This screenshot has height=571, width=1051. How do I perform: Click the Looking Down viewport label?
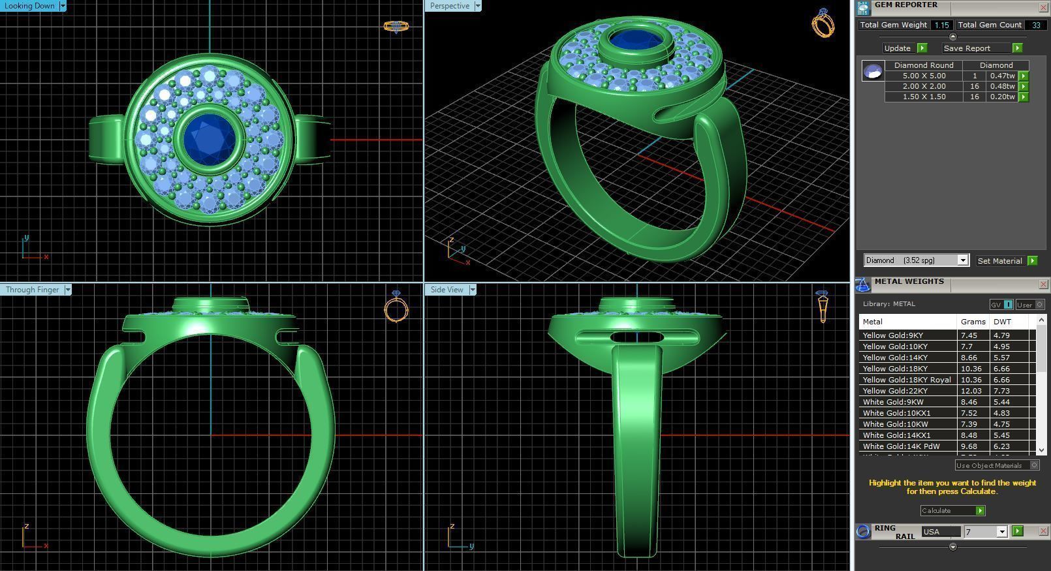click(29, 6)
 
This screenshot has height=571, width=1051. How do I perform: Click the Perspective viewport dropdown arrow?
click(477, 6)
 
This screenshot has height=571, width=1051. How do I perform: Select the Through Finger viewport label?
click(31, 290)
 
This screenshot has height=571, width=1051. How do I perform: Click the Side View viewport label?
click(447, 290)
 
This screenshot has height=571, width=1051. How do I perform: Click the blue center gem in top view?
click(210, 138)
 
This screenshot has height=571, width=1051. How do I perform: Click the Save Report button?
click(967, 48)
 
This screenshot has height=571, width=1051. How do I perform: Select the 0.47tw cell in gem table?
click(1002, 76)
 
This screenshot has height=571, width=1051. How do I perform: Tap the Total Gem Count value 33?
click(1035, 25)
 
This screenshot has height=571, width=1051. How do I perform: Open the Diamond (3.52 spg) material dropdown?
click(962, 260)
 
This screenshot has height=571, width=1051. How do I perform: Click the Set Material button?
click(999, 261)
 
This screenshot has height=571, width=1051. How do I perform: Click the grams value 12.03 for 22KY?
click(971, 391)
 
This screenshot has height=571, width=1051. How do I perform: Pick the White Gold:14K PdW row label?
click(901, 446)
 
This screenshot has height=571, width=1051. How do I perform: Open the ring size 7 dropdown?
click(1001, 532)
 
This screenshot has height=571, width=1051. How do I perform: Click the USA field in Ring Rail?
click(940, 532)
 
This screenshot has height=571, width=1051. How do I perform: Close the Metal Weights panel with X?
click(1043, 284)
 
